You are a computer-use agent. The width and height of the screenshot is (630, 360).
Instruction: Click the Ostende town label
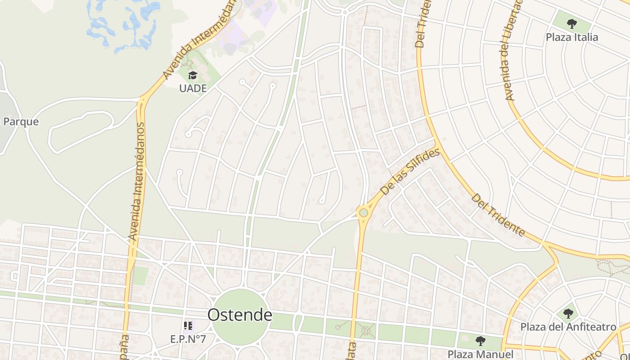(239, 315)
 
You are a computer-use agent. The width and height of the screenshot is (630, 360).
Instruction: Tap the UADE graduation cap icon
(193, 75)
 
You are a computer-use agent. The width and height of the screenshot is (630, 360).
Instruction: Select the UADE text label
(193, 88)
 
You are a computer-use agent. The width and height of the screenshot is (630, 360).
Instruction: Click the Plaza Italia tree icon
(571, 23)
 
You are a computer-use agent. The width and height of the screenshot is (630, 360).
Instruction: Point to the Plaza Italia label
(572, 37)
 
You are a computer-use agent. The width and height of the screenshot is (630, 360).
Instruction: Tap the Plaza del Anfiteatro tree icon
(568, 314)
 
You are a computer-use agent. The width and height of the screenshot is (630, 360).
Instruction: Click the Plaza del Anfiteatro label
(568, 327)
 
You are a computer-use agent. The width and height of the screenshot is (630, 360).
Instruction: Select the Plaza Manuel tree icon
(480, 341)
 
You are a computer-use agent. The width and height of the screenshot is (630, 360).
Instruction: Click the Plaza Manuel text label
(480, 354)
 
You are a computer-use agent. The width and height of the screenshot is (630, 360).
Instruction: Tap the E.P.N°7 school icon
(188, 325)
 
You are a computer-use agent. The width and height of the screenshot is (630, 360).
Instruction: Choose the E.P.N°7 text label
(188, 339)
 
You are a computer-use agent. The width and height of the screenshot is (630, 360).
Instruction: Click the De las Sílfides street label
(409, 172)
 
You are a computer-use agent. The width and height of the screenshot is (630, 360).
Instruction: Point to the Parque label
(21, 122)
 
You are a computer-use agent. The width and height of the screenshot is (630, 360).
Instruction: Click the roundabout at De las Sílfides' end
(363, 212)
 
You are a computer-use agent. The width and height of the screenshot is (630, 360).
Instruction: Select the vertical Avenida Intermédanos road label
(137, 180)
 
